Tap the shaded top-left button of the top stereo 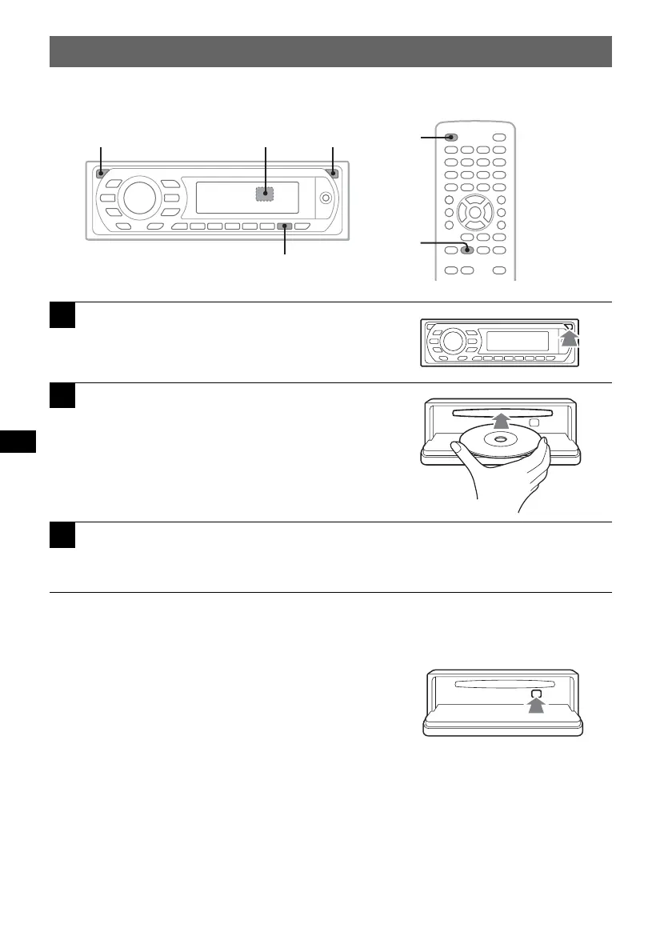tap(102, 174)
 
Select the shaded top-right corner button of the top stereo tap(333, 174)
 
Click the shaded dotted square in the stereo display tap(266, 194)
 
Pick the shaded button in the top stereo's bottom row tap(285, 227)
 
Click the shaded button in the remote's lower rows tap(468, 250)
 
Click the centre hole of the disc tap(500, 439)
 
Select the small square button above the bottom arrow tap(535, 686)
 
